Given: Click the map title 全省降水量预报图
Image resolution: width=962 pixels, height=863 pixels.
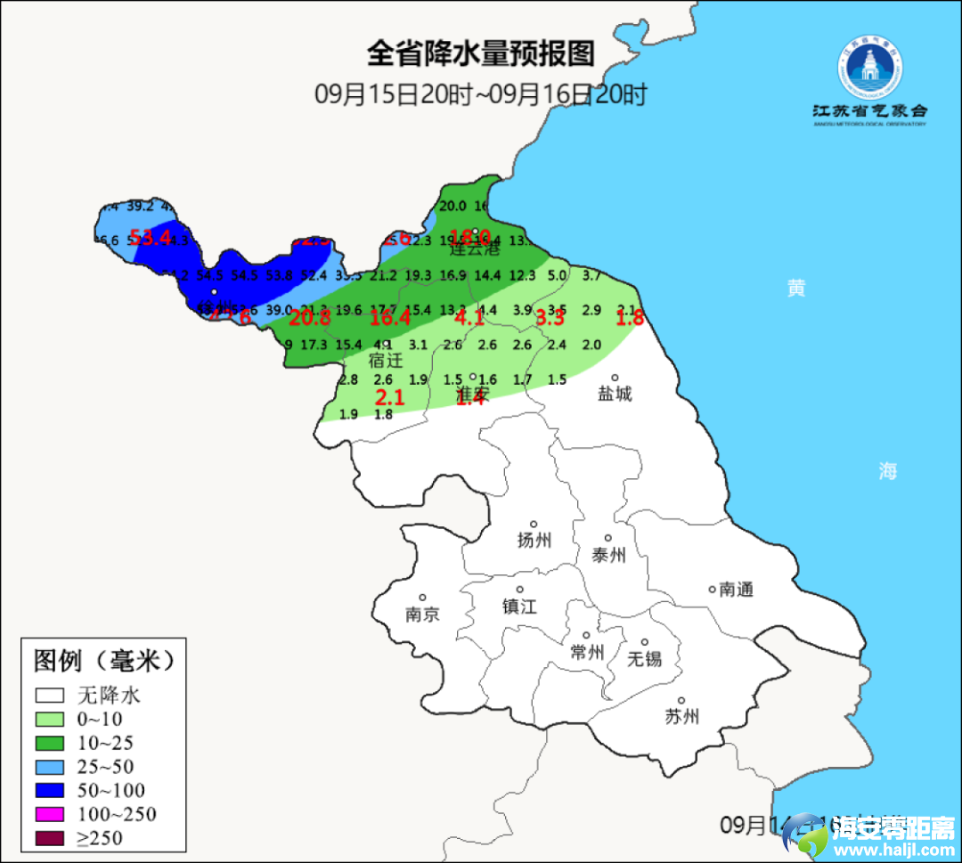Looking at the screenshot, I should [480, 53].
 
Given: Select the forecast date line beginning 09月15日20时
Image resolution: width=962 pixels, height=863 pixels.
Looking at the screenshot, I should [480, 94].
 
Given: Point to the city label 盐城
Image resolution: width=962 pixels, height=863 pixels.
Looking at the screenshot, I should [615, 393].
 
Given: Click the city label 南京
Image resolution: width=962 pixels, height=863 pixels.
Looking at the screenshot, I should [422, 615].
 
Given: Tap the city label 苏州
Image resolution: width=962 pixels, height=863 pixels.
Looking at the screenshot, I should [682, 717].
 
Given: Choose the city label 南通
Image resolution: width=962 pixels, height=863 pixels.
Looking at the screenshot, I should [737, 590].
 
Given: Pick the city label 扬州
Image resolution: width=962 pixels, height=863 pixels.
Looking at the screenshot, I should [534, 540].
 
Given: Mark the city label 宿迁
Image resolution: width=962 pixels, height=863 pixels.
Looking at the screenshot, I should [386, 361].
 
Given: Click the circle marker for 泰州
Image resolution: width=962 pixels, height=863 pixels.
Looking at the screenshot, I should [608, 538].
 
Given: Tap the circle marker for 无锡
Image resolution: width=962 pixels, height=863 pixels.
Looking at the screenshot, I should [645, 642].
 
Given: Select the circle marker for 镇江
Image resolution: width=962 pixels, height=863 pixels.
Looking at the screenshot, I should [519, 590].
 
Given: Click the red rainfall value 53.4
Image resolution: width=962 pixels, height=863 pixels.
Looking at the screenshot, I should [150, 237].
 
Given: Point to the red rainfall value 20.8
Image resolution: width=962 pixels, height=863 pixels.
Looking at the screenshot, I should [310, 318].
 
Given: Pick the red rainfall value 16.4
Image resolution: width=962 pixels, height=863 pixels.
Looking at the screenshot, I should [391, 318].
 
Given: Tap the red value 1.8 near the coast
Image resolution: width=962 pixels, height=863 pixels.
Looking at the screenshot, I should [630, 318].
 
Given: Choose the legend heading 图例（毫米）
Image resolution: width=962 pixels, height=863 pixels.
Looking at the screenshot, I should [102, 661].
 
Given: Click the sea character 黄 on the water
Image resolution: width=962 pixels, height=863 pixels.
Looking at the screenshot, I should [796, 288].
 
